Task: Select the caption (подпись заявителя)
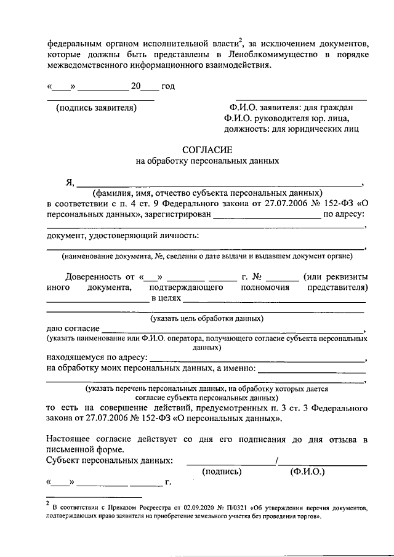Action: [95, 108]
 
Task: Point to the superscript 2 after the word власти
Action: [242, 41]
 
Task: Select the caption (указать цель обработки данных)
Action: [207, 318]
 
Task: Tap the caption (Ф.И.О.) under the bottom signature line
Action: [308, 471]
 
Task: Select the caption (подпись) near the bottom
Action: [222, 471]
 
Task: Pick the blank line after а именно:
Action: [312, 371]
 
